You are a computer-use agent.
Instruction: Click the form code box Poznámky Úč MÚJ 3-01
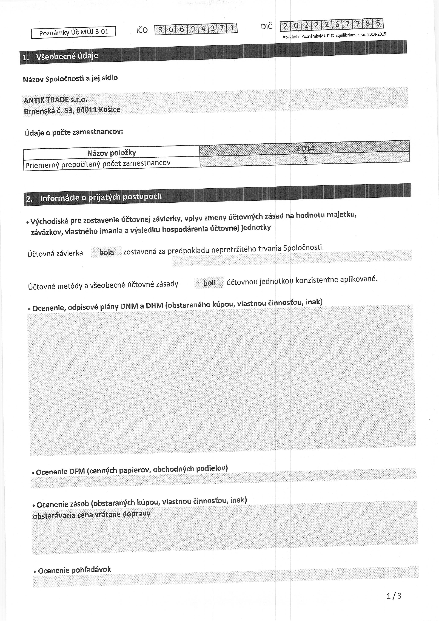coord(73,32)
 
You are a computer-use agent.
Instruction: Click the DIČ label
coord(267,27)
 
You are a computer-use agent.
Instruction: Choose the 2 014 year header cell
coord(305,148)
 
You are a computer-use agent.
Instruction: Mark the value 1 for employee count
coord(305,159)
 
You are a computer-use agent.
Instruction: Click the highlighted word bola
coord(107,252)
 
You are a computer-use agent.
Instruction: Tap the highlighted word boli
coord(209,283)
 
